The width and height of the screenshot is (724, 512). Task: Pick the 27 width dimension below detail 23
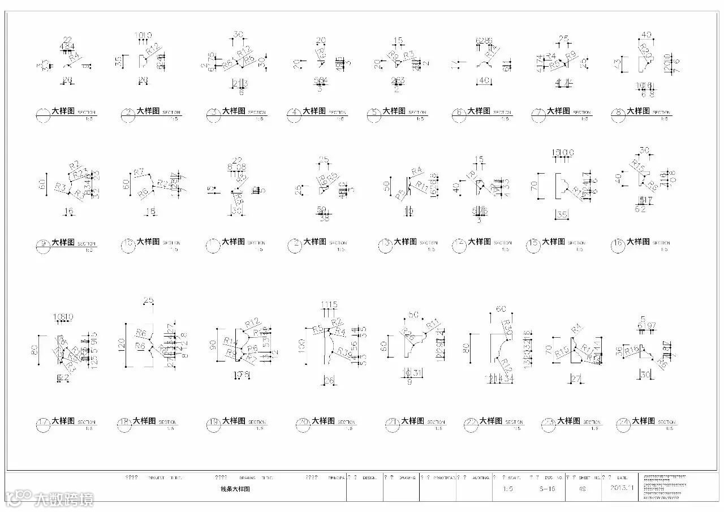point(576,378)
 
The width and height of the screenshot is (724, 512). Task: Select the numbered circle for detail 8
point(619,115)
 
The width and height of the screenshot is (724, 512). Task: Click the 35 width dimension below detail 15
point(562,214)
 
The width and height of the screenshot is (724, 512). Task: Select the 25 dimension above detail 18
point(149,300)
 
